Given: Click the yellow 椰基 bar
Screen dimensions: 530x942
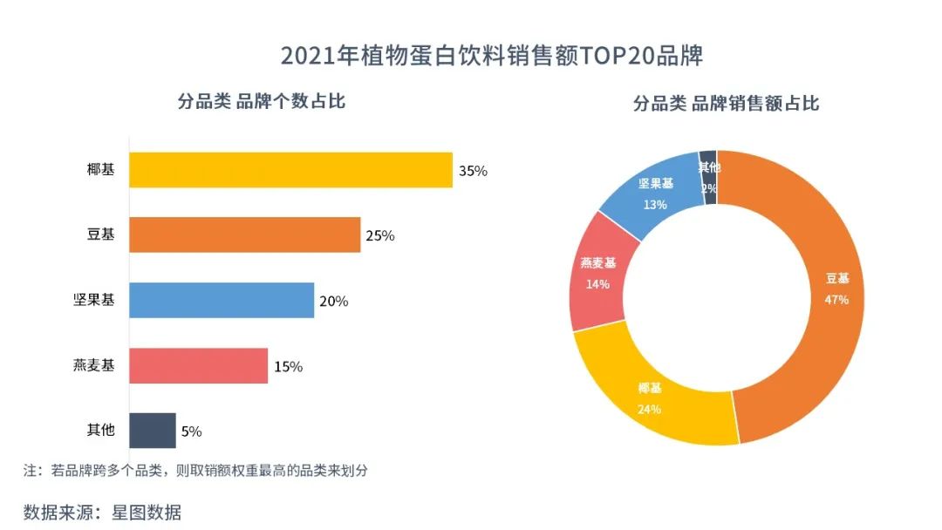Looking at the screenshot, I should click(290, 170).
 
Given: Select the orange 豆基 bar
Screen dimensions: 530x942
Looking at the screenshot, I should click(244, 235).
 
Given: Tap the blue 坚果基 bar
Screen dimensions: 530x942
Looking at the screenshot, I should click(222, 301).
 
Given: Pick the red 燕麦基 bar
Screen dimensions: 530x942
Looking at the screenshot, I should click(198, 366).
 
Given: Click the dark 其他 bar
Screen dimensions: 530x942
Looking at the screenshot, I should click(152, 431).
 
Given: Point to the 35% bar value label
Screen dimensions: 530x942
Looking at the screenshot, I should click(473, 171).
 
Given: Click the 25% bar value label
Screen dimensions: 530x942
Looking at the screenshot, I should click(380, 235).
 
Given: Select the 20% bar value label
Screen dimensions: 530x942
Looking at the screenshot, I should click(334, 301).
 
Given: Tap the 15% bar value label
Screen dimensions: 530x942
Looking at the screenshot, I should click(288, 367).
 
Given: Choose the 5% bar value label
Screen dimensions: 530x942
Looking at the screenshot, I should click(192, 431).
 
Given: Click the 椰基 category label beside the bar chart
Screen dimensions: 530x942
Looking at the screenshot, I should click(100, 170).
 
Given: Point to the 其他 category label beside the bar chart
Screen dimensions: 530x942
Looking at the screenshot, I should click(100, 431).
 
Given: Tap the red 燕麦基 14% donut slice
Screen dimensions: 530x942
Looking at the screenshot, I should click(597, 272).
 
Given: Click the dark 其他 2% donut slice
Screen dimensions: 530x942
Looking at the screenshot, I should click(709, 177).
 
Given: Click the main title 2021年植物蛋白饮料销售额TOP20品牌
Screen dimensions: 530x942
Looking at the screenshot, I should click(491, 56).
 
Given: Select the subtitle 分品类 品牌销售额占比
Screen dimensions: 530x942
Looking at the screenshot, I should click(726, 104).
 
